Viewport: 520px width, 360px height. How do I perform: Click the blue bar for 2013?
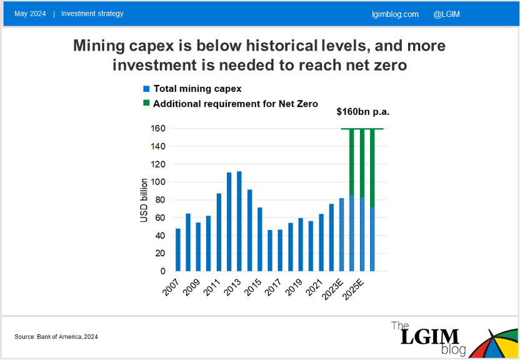(239, 221)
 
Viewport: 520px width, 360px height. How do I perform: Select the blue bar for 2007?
(178, 250)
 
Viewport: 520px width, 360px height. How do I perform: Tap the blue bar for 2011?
(219, 232)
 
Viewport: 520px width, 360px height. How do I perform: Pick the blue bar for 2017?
(280, 251)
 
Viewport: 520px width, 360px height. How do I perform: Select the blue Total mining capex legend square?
(146, 89)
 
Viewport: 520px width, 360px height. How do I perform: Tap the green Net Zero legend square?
(146, 104)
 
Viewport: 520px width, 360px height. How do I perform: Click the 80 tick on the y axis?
(159, 200)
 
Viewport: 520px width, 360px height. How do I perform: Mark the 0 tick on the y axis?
(161, 271)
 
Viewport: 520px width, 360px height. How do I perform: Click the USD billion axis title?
(144, 200)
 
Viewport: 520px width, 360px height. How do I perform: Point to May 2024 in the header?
(30, 14)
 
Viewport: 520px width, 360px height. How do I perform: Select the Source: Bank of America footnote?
(56, 337)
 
